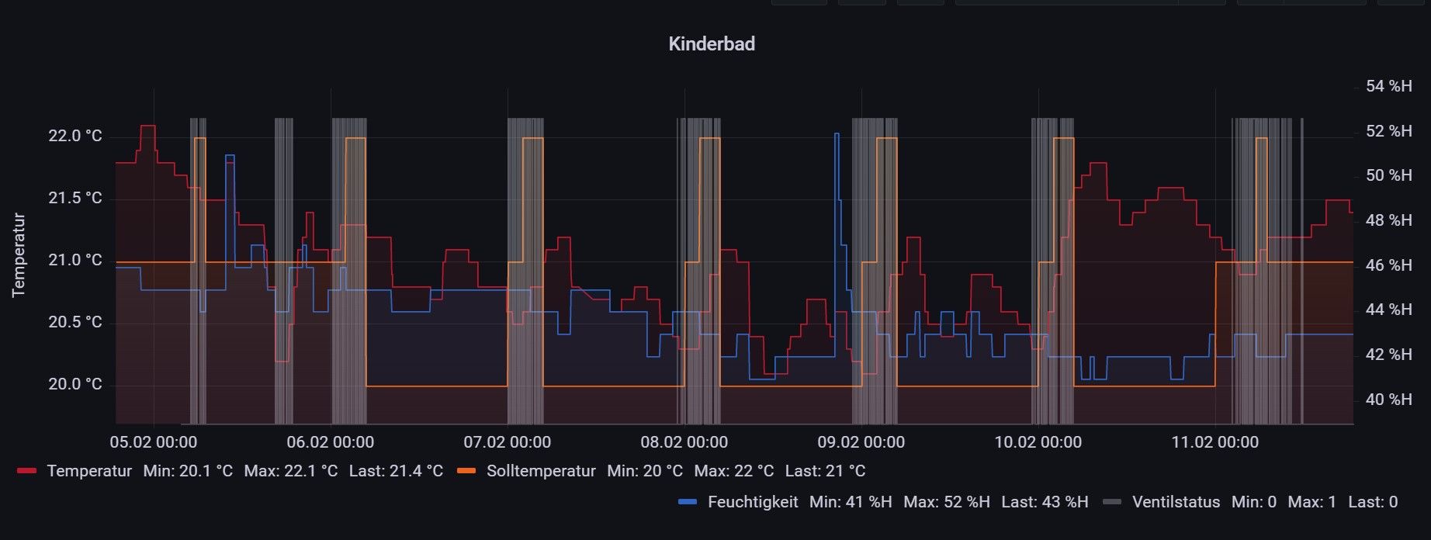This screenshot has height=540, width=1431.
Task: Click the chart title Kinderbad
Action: click(711, 44)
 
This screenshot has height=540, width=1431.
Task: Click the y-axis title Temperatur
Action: click(19, 255)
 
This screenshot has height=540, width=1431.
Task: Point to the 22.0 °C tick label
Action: click(75, 137)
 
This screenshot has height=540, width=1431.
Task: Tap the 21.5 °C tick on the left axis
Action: click(75, 199)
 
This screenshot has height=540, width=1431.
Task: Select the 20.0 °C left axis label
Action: click(75, 385)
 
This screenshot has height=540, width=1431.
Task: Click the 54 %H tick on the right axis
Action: click(1388, 86)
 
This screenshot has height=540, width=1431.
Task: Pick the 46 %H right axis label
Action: click(1388, 265)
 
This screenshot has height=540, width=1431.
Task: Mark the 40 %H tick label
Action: click(1388, 400)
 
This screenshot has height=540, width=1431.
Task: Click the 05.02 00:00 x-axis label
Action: click(154, 442)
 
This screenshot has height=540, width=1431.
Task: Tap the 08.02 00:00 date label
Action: click(684, 442)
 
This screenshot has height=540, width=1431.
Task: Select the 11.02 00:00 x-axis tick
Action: click(1215, 442)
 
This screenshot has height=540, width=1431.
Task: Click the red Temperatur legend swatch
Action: click(27, 471)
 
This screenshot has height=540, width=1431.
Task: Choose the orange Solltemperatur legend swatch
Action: click(466, 471)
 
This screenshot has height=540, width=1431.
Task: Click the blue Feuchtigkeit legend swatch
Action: click(688, 502)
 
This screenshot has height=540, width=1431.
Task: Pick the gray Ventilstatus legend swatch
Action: click(1112, 502)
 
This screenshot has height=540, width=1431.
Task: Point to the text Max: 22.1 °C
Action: click(291, 471)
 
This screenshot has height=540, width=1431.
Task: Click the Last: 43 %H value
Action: click(1045, 502)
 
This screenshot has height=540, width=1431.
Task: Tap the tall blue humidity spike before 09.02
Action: click(837, 135)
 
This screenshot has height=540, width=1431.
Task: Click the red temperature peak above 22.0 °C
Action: click(147, 126)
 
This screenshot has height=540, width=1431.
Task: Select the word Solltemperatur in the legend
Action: click(541, 471)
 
